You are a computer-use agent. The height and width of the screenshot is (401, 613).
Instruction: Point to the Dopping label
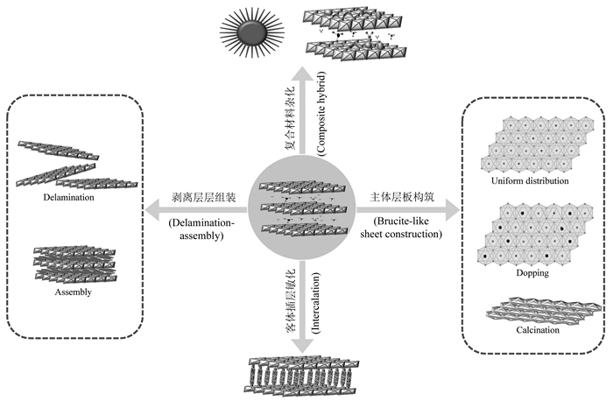coord(532,273)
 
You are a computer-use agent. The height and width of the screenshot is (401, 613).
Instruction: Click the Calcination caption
coord(532,330)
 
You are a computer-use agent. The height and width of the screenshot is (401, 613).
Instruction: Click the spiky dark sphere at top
coord(251,33)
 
